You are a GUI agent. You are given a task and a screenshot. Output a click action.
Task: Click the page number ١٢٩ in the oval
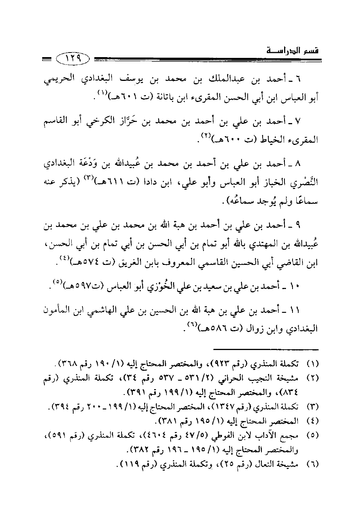point(72,59)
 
